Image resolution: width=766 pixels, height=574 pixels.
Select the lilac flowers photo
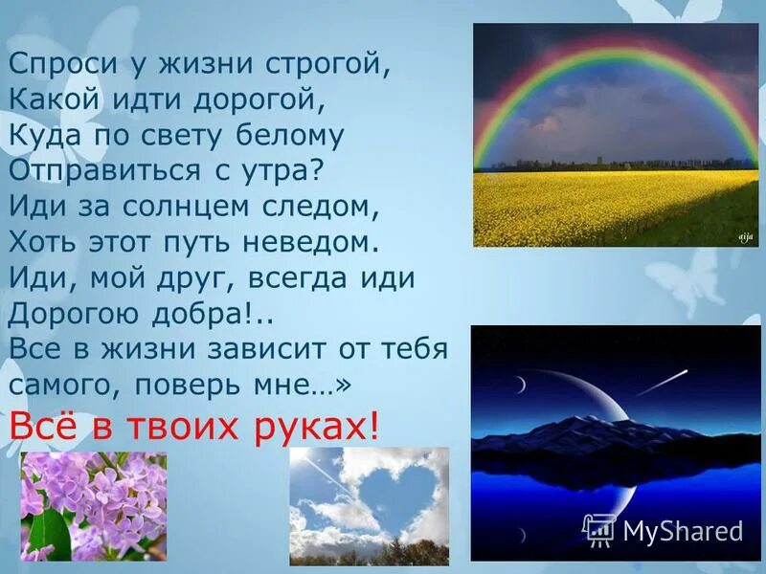point(93,507)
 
